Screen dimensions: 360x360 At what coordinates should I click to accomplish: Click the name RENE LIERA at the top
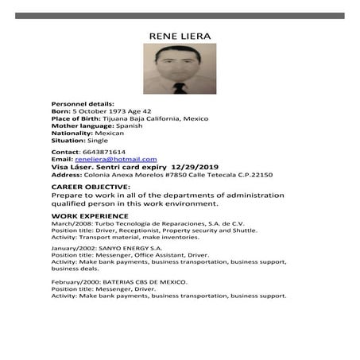(x=180, y=36)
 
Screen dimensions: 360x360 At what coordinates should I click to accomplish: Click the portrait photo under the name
(x=180, y=69)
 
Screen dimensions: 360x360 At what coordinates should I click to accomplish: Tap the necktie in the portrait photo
(x=180, y=87)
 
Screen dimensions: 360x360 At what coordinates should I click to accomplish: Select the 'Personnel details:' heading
(x=83, y=104)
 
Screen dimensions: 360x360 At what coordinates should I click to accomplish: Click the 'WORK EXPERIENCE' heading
(x=89, y=216)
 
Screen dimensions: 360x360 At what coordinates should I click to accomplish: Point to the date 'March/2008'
(x=68, y=224)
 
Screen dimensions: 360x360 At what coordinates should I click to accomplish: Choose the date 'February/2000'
(x=73, y=282)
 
